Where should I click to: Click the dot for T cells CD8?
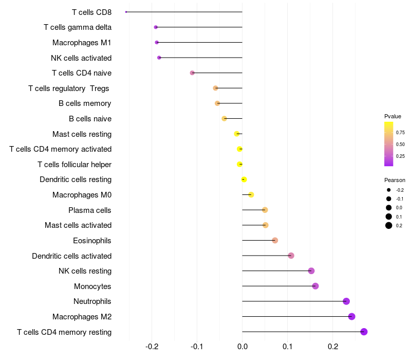point(126,12)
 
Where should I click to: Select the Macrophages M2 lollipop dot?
point(352,316)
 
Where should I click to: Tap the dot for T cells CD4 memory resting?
point(364,332)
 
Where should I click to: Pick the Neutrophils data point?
point(346,301)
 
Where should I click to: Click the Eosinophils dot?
point(275,240)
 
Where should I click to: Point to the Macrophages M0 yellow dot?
point(251,195)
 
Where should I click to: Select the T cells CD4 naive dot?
point(192,73)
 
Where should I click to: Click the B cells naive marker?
point(224,119)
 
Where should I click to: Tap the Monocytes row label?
point(92,286)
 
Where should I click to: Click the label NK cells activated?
point(81,58)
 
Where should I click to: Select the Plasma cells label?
point(90,210)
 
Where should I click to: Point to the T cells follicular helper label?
point(74,164)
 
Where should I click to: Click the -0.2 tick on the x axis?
point(152,347)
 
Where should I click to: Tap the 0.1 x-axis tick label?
point(288,347)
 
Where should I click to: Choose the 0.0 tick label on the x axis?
point(242,347)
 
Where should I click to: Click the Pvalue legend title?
point(393,116)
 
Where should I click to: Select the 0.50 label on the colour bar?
point(400,145)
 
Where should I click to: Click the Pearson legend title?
point(395,180)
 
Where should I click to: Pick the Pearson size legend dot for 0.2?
point(389,225)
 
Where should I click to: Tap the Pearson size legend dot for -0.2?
point(389,190)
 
